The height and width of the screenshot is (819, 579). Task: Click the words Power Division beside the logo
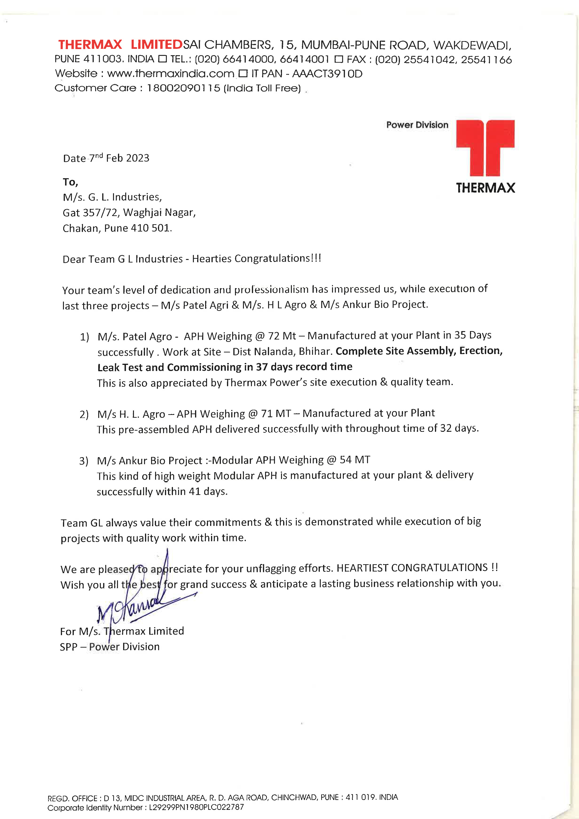coord(417,125)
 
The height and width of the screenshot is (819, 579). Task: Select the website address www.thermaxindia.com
coord(171,74)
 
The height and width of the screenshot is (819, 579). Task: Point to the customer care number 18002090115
coord(184,88)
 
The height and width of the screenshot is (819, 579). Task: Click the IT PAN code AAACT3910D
coord(327,74)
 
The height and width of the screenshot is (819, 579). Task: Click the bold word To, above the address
coord(70,182)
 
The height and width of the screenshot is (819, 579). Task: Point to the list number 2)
coord(84,414)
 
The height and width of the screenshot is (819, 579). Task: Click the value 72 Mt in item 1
coord(282,336)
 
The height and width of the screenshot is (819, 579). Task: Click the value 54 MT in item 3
coord(355,460)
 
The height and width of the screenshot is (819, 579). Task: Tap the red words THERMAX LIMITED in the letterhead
coord(120,45)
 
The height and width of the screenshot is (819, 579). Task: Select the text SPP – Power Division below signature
coord(110,647)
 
